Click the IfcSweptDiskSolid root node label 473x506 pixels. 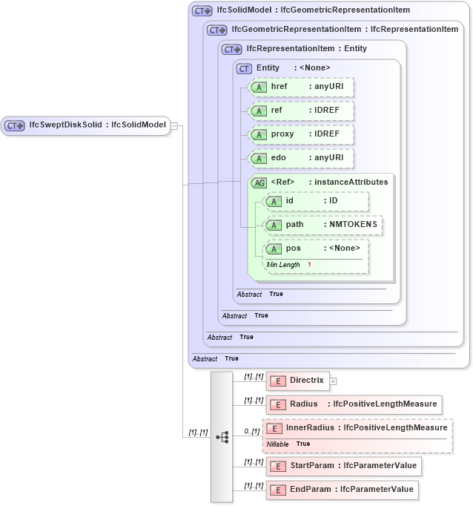pyautogui.click(x=96, y=125)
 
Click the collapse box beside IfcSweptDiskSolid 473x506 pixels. pyautogui.click(x=174, y=125)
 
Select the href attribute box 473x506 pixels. pyautogui.click(x=301, y=87)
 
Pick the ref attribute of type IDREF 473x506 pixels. pyautogui.click(x=301, y=111)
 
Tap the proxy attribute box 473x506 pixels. pyautogui.click(x=301, y=134)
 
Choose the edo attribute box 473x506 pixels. pyautogui.click(x=301, y=158)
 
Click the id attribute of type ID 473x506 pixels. pyautogui.click(x=317, y=201)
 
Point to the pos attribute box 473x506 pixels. pyautogui.click(x=317, y=249)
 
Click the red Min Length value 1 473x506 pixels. pyautogui.click(x=309, y=265)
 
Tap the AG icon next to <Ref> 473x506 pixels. pyautogui.click(x=259, y=183)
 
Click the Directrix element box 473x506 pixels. pyautogui.click(x=297, y=381)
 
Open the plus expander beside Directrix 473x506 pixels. pyautogui.click(x=333, y=381)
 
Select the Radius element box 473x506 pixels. pyautogui.click(x=354, y=404)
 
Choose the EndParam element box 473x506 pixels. pyautogui.click(x=342, y=490)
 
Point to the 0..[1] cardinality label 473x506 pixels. pyautogui.click(x=252, y=431)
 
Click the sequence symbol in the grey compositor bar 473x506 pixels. pyautogui.click(x=222, y=437)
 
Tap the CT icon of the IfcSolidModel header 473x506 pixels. pyautogui.click(x=202, y=11)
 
